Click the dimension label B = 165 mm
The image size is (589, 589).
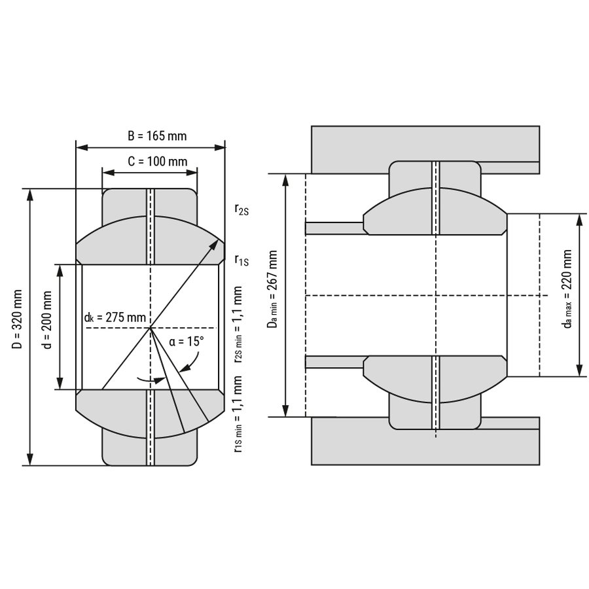tap(157, 135)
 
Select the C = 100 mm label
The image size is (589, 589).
tap(157, 161)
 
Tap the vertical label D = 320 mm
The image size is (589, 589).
tap(17, 319)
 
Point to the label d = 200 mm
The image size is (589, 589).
tap(46, 319)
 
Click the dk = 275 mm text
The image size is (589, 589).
tap(115, 318)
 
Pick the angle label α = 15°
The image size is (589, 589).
tap(187, 342)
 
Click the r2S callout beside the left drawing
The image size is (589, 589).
tap(241, 209)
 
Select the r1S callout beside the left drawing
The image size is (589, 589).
tap(241, 260)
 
